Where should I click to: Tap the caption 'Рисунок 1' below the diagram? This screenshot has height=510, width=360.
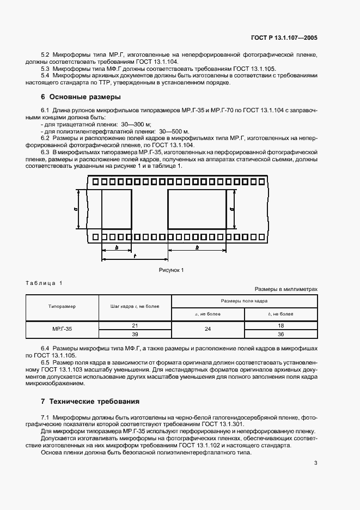171,270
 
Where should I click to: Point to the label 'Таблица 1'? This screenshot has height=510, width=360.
44,282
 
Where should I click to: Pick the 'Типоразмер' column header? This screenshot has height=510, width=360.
62,307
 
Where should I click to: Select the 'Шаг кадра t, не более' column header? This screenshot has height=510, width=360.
135,307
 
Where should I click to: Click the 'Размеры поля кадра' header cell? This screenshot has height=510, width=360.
243,301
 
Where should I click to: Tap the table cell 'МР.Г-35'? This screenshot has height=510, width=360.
62,329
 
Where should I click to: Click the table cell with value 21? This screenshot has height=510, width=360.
135,325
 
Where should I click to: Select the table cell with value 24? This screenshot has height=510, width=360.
208,329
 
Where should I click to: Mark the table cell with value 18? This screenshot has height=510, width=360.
280,325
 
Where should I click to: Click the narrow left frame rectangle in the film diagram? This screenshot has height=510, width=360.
117,210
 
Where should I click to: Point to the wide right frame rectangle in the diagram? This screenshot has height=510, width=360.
197,210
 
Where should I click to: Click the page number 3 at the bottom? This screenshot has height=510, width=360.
315,463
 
